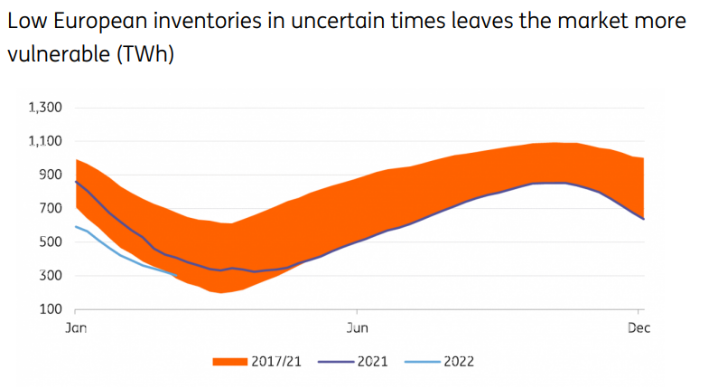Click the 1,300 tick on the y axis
click(x=44, y=108)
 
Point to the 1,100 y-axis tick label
click(x=44, y=141)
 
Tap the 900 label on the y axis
click(x=49, y=175)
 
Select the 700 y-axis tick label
click(x=49, y=208)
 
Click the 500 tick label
click(x=49, y=241)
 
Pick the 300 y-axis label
click(x=49, y=275)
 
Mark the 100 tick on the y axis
click(x=49, y=308)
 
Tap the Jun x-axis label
click(x=358, y=328)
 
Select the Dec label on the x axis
click(x=638, y=328)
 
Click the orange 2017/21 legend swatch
click(x=229, y=362)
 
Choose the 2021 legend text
click(x=372, y=362)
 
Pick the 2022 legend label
click(x=458, y=362)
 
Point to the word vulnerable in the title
click(x=55, y=54)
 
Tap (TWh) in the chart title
click(x=142, y=54)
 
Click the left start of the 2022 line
click(x=76, y=226)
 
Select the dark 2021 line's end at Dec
click(x=643, y=219)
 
